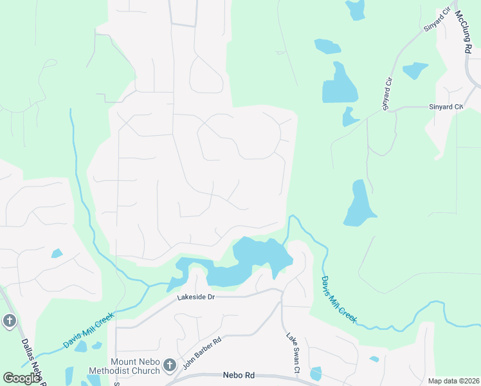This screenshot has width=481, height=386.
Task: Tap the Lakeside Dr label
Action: point(196,297)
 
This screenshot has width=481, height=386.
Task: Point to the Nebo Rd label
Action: point(239,374)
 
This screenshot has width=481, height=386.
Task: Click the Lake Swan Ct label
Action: point(293,353)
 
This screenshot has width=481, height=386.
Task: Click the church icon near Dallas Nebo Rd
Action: point(9,320)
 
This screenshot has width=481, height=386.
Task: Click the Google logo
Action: point(21,378)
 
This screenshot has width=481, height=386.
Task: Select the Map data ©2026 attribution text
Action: point(453,381)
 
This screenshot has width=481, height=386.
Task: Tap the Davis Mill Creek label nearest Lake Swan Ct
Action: point(338,299)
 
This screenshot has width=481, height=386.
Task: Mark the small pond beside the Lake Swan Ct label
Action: point(316,373)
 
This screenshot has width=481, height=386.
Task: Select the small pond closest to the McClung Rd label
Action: point(414,69)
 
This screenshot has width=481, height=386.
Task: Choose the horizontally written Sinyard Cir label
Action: point(446,107)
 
